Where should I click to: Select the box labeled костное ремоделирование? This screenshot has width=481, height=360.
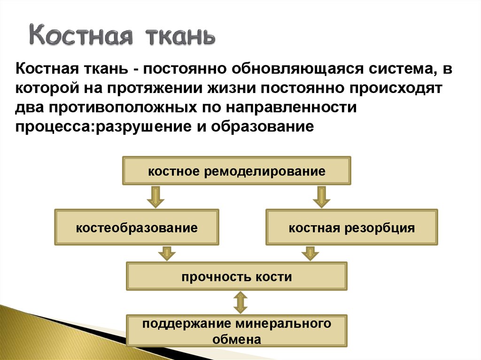pyautogui.click(x=237, y=171)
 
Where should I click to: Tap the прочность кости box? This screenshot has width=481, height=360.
pyautogui.click(x=237, y=276)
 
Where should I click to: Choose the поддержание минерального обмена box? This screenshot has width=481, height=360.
pyautogui.click(x=237, y=331)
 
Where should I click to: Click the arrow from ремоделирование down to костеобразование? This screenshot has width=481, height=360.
pyautogui.click(x=155, y=197)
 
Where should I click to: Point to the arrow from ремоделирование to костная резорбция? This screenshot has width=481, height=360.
pyautogui.click(x=321, y=197)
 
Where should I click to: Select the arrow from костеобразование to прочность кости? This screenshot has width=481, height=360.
pyautogui.click(x=166, y=253)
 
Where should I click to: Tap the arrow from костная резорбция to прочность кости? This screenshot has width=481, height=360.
pyautogui.click(x=310, y=253)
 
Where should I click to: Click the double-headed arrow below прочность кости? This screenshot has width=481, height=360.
pyautogui.click(x=240, y=303)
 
